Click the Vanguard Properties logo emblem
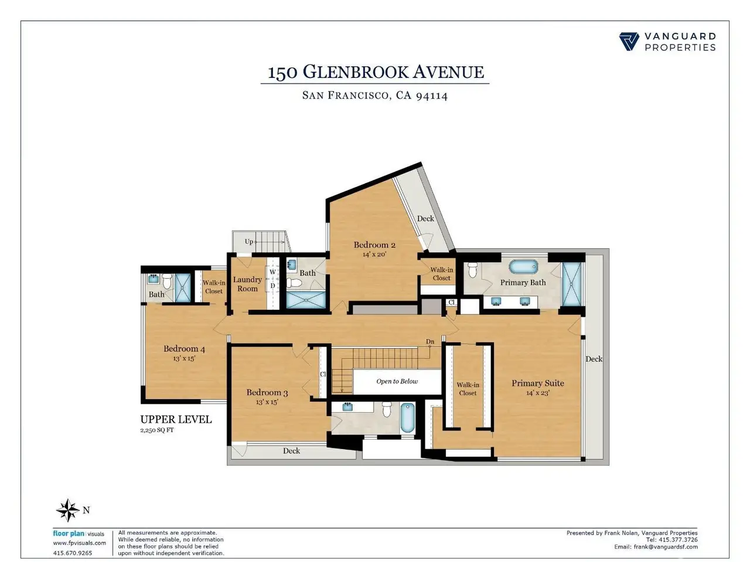click(629, 42)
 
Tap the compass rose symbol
click(67, 510)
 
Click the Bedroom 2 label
click(374, 245)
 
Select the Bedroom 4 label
click(184, 348)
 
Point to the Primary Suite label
click(537, 383)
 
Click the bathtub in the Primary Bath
click(523, 266)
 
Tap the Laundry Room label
click(247, 284)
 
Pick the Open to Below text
click(397, 381)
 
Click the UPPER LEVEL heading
click(176, 419)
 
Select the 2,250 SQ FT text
click(157, 430)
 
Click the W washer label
click(272, 272)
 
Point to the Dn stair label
click(430, 341)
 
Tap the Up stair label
click(249, 242)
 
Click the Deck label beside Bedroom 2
click(425, 218)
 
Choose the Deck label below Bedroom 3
click(291, 451)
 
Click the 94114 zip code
click(432, 95)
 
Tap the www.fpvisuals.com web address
click(79, 543)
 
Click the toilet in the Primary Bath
click(472, 269)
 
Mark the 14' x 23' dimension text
click(537, 393)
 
